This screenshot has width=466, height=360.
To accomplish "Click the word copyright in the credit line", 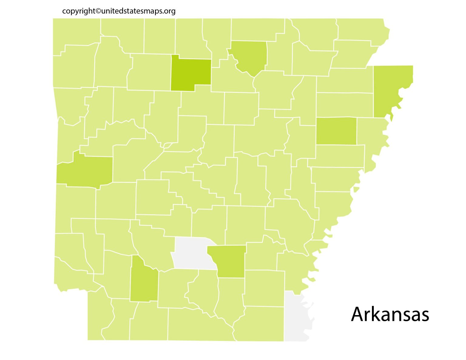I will (x=79, y=11).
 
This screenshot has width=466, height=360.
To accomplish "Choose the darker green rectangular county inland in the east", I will (x=336, y=131).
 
